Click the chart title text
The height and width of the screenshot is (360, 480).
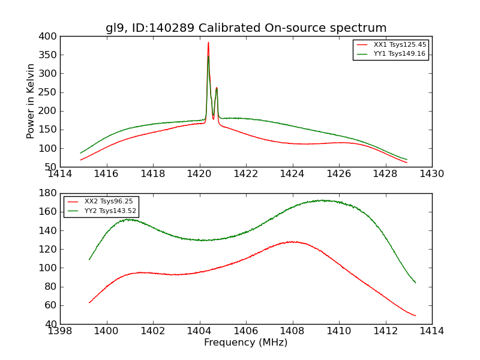246,28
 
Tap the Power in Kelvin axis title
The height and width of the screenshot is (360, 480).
31,101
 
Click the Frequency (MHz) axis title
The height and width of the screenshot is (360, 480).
245,343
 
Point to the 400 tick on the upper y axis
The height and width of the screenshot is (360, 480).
49,36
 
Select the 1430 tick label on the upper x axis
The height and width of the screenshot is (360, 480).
431,174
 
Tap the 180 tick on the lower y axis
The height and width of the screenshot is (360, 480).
49,193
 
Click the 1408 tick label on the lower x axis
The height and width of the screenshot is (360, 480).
292,331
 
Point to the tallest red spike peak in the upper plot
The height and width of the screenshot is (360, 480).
208,42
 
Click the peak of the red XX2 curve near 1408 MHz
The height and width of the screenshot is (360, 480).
291,241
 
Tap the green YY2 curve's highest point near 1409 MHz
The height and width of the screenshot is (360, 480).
323,200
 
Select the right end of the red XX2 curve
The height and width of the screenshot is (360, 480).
415,316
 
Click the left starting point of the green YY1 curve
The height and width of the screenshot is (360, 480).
81,153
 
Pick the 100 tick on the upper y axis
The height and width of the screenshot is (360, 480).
49,148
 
